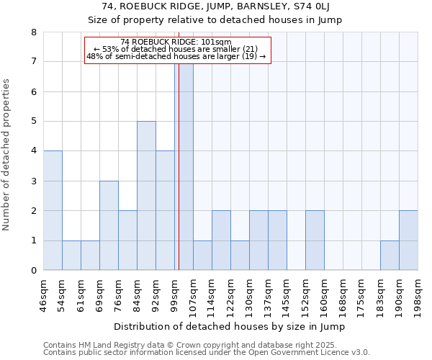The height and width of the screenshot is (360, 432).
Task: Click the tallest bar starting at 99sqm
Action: pos(184,166)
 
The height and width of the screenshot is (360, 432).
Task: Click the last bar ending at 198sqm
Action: pos(408,240)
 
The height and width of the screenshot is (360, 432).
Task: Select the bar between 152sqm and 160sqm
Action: pos(315,240)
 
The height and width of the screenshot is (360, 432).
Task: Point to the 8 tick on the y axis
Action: pos(33,32)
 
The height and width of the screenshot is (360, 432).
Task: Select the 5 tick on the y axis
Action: pos(33,122)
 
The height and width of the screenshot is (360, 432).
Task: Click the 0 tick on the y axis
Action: pos(33,271)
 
